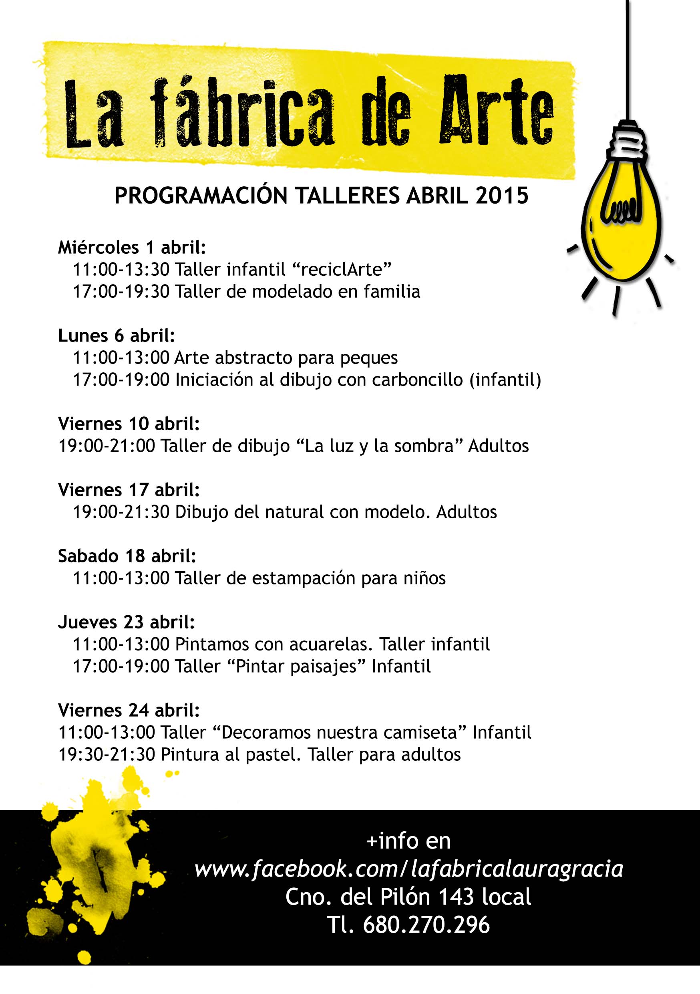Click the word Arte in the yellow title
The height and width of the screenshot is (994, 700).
[496, 111]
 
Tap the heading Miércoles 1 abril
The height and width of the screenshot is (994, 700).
[131, 248]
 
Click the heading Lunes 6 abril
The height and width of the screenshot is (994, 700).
[116, 335]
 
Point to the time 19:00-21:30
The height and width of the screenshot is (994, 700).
[121, 512]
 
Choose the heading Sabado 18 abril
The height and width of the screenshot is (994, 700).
[127, 556]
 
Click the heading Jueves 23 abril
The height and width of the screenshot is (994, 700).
[126, 622]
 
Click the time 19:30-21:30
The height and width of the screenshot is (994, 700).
[107, 754]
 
